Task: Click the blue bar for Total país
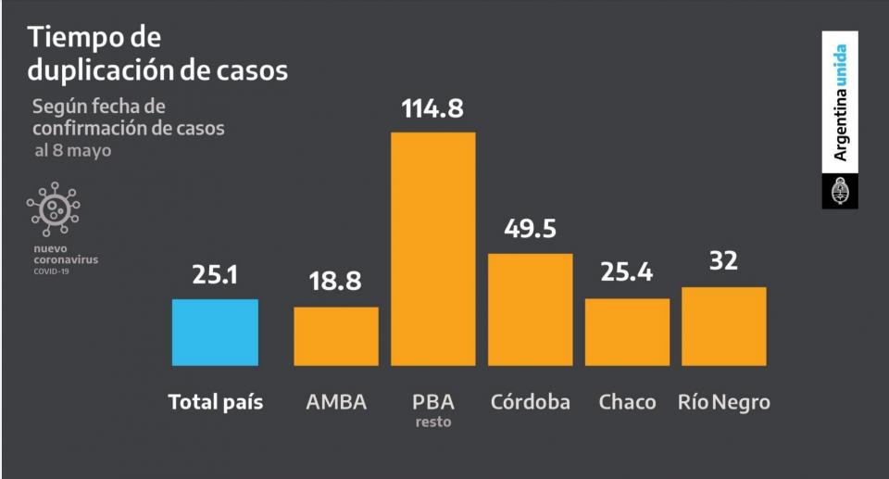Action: (x=215, y=332)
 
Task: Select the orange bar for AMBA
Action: (x=336, y=335)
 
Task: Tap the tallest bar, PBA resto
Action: (x=433, y=248)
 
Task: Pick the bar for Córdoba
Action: (x=530, y=309)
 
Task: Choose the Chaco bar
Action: (x=627, y=332)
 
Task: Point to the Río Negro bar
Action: (x=724, y=326)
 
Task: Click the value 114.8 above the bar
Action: (x=432, y=108)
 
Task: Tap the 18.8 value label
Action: (x=335, y=283)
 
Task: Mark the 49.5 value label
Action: (x=530, y=229)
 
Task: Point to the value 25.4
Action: (x=627, y=273)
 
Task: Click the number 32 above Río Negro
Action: (x=724, y=262)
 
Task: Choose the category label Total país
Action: (x=216, y=402)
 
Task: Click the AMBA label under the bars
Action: (x=336, y=402)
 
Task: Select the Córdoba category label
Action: (x=531, y=402)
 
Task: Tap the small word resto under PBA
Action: (x=433, y=422)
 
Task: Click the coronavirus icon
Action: (x=54, y=208)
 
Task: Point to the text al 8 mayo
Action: (x=73, y=150)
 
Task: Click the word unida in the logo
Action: (x=840, y=67)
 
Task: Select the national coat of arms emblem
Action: (x=840, y=191)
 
